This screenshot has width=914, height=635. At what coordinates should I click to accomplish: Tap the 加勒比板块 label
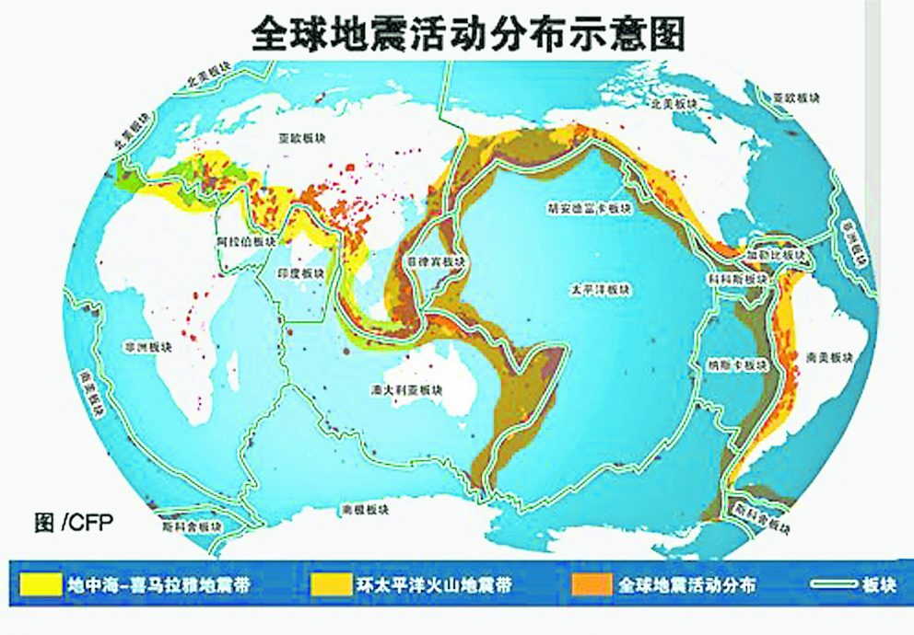(x=783, y=253)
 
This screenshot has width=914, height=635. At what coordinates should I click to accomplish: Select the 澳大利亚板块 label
(x=416, y=389)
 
